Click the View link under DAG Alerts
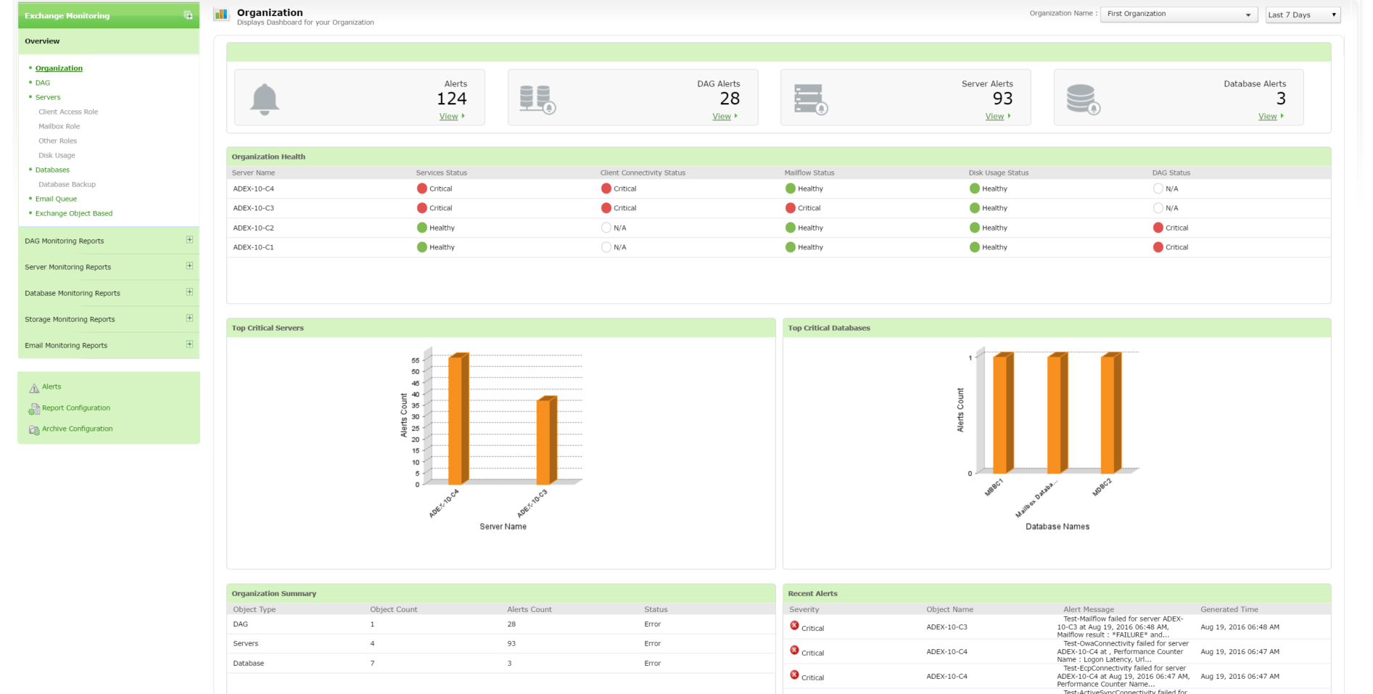click(x=722, y=117)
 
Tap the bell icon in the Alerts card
click(x=265, y=99)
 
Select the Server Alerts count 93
click(x=1002, y=99)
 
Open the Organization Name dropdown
click(x=1178, y=15)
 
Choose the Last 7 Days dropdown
click(x=1302, y=15)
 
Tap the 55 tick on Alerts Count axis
click(x=416, y=360)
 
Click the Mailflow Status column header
click(x=809, y=173)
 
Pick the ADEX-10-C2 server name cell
click(x=253, y=228)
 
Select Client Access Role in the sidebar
click(x=68, y=112)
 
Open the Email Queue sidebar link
click(x=56, y=199)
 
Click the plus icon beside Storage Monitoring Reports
click(x=189, y=318)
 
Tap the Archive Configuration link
click(x=77, y=429)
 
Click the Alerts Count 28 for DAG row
click(x=511, y=624)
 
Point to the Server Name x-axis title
click(x=503, y=526)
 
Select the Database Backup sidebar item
click(x=67, y=184)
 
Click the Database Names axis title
click(x=1057, y=526)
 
